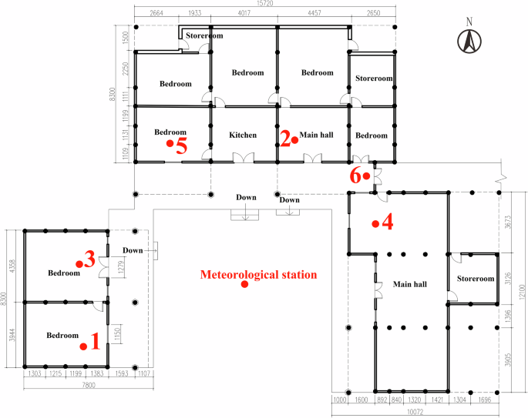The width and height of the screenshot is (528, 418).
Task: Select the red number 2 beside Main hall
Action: (x=285, y=139)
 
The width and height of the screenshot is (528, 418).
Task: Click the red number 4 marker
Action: (x=387, y=222)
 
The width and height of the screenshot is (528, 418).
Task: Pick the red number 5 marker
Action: (x=180, y=145)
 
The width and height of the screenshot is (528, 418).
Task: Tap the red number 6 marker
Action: (x=356, y=176)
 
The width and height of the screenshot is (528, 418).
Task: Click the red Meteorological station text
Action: (x=258, y=274)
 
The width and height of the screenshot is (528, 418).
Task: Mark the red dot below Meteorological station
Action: (x=244, y=285)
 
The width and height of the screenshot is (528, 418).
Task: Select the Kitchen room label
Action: (x=243, y=135)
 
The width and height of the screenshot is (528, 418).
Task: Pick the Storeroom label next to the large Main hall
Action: (x=474, y=279)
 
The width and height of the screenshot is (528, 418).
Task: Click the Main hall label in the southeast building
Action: (x=410, y=284)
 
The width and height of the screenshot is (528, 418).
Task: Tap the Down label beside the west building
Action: (x=133, y=251)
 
